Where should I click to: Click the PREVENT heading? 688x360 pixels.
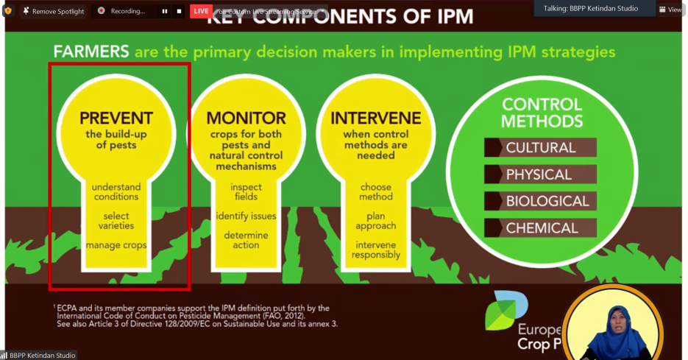click(116, 118)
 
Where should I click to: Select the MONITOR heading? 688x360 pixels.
click(246, 118)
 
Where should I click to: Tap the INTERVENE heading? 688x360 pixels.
click(376, 118)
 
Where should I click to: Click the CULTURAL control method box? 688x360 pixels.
click(540, 147)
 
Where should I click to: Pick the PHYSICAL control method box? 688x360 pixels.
click(540, 174)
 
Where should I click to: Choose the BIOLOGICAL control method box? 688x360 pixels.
click(540, 201)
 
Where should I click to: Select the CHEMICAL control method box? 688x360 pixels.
click(540, 228)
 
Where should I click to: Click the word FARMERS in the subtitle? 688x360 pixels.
click(91, 52)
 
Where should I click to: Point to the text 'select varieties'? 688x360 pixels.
click(116, 221)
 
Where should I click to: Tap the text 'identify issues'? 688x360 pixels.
click(246, 216)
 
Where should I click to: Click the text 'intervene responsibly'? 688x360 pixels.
click(376, 250)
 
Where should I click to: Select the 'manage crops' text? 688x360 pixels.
click(116, 245)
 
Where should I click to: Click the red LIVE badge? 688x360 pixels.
click(201, 11)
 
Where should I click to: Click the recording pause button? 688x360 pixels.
click(164, 11)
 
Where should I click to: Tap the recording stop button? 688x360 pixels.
click(179, 11)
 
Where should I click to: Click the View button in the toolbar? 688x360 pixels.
click(670, 10)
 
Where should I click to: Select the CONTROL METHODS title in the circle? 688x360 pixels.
click(542, 113)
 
